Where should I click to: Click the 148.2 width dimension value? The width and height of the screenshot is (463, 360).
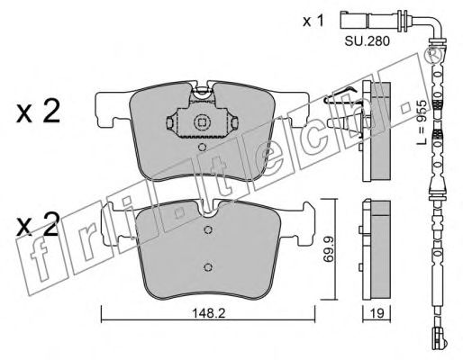click(208, 313)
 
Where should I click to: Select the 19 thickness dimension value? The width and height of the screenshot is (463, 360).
click(377, 313)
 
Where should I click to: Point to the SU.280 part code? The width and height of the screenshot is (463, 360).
click(367, 41)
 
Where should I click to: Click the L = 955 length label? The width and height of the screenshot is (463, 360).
click(422, 122)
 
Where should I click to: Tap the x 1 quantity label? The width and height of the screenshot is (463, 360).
click(313, 21)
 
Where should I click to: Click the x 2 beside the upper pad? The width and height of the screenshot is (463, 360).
click(38, 112)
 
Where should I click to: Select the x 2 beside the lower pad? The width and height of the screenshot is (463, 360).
click(38, 224)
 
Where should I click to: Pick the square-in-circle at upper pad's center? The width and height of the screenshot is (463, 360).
click(201, 122)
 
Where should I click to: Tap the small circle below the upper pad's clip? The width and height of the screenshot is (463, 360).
click(203, 148)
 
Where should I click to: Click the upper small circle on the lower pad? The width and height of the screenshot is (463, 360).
click(207, 229)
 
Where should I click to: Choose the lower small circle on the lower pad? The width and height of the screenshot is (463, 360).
click(207, 267)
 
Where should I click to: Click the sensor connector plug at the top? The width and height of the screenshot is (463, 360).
click(356, 20)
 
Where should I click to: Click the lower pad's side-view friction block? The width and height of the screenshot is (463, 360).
click(381, 249)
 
